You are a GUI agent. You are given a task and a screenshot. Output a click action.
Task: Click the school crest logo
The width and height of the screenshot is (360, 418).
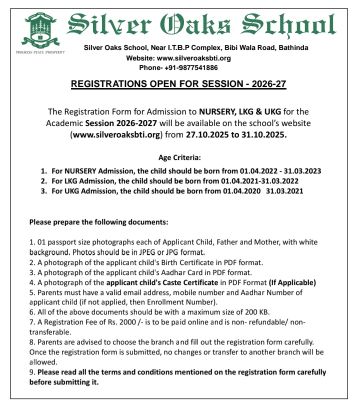pyautogui.click(x=40, y=29)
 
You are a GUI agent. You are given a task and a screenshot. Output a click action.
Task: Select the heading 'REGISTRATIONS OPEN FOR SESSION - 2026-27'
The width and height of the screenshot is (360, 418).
pyautogui.click(x=179, y=84)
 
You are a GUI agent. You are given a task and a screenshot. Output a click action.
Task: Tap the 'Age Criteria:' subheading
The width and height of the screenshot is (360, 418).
pyautogui.click(x=179, y=157)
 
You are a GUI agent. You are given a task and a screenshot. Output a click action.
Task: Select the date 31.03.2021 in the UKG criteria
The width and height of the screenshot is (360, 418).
pyautogui.click(x=284, y=190)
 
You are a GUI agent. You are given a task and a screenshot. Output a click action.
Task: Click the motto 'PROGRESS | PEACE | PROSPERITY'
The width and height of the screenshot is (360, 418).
pyautogui.click(x=40, y=52)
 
